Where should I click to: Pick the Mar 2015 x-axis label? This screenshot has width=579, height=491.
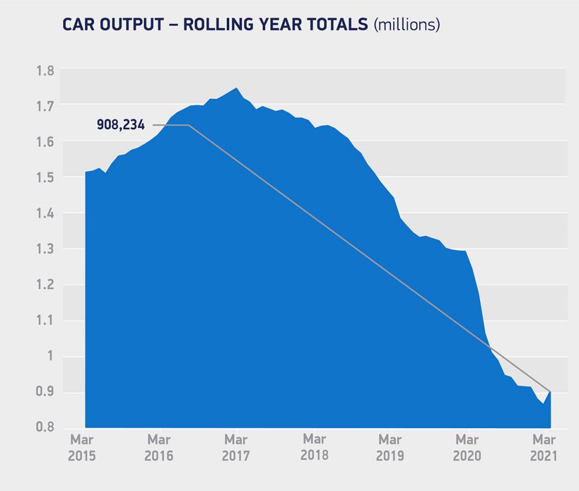(82, 448)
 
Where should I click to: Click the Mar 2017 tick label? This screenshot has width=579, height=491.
(236, 448)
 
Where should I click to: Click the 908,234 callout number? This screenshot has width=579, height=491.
(121, 125)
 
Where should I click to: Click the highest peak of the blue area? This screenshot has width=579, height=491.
(236, 88)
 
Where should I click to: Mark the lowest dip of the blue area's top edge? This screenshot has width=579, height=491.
(543, 404)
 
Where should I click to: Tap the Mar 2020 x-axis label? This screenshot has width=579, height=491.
(467, 448)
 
